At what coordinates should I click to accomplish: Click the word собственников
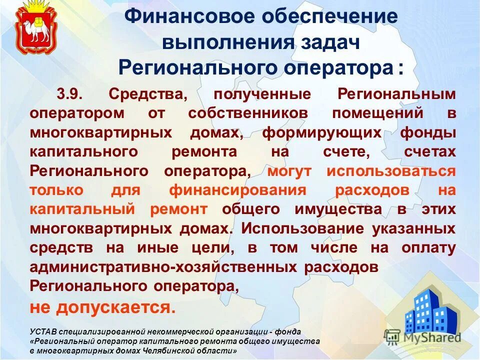[x=248, y=113]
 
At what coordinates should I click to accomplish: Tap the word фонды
[x=428, y=132]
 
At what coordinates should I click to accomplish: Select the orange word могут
[x=289, y=171]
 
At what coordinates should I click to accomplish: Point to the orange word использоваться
[x=391, y=171]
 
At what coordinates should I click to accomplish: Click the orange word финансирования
[x=237, y=190]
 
